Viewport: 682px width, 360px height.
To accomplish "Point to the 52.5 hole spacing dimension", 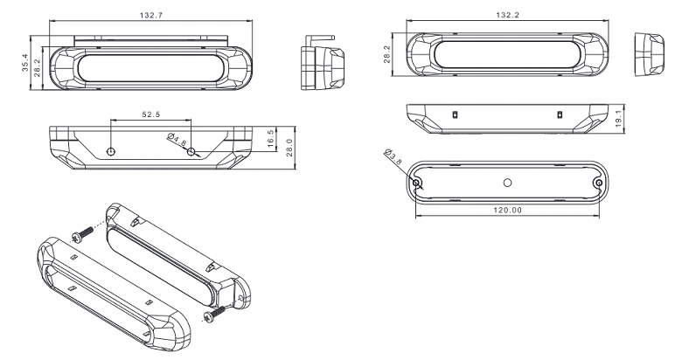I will (x=151, y=114).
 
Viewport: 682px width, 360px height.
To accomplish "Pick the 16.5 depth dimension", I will (x=271, y=137).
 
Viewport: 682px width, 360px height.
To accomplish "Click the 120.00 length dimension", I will (x=507, y=210).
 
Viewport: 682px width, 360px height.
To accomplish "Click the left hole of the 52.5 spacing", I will (x=111, y=151).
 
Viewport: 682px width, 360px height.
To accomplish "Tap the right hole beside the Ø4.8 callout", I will (x=191, y=151).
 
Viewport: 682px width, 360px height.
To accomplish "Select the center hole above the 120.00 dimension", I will (x=507, y=182).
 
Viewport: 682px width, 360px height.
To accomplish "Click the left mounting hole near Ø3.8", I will (x=417, y=182).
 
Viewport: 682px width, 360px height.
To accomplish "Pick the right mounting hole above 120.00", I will (x=597, y=182).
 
